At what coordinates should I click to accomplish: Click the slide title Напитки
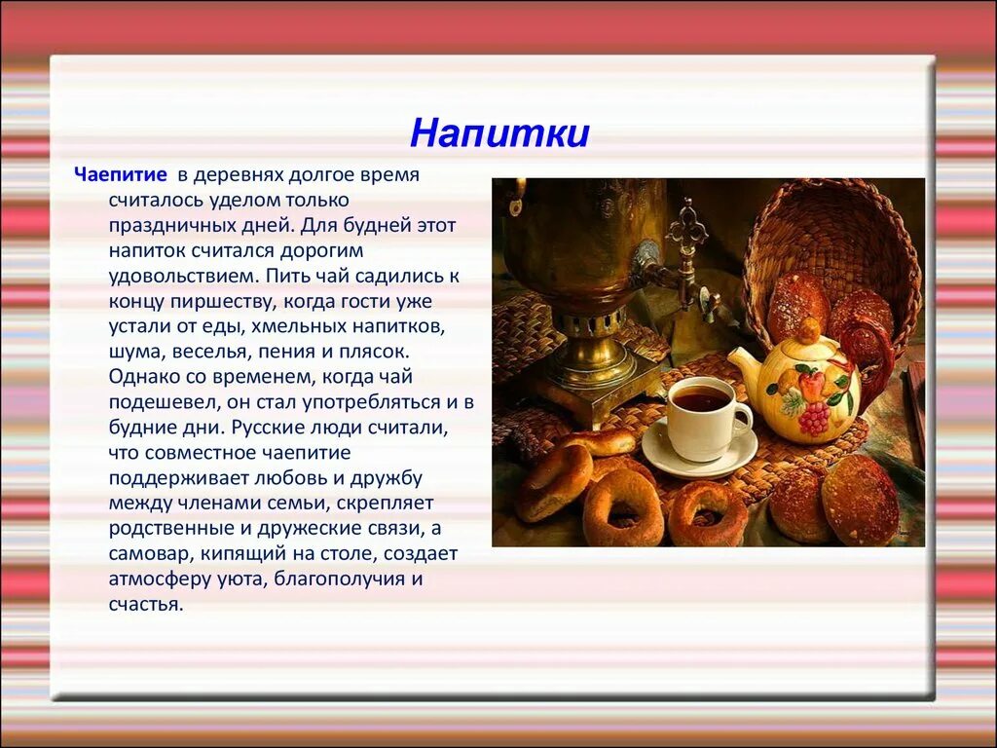498,133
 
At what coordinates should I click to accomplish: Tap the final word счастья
145,604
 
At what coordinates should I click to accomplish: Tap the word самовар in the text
146,553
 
